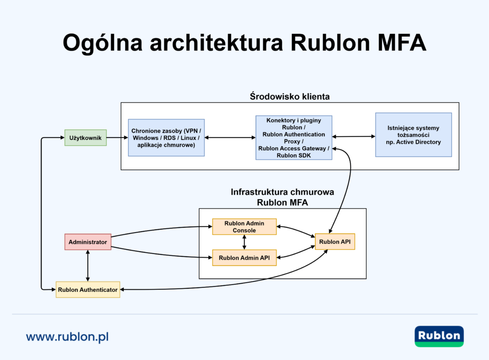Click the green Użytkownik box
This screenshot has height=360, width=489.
pos(85,138)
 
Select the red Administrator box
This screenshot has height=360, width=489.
pos(87,242)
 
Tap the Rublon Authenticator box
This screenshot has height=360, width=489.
pos(87,289)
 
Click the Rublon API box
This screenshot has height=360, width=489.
pos(335,242)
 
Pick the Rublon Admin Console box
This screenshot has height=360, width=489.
pos(244,227)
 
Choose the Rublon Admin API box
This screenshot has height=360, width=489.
pos(244,258)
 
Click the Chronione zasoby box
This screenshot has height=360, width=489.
pos(166,138)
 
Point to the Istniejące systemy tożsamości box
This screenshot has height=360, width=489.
pos(413,135)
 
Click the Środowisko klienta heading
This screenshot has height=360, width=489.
pos(289,96)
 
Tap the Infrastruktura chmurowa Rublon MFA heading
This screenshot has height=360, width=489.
pos(282,197)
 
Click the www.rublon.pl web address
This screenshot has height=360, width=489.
pos(67,337)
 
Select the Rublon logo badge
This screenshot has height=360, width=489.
pos(439,336)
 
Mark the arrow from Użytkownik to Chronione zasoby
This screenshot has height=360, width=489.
pos(117,138)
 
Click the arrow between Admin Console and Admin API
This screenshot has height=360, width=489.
pos(244,242)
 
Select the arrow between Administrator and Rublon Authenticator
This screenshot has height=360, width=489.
pos(87,265)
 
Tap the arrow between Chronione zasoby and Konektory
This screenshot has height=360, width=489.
pos(230,138)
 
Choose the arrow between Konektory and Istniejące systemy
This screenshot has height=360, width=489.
pos(353,137)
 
